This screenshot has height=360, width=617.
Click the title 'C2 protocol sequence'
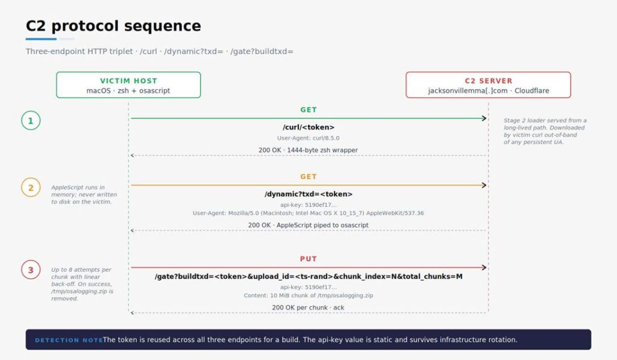coord(113,26)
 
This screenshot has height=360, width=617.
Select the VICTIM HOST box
coord(128,84)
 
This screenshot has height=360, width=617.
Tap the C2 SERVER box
coord(488,84)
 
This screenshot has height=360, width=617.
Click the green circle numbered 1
coord(31,121)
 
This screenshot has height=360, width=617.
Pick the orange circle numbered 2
coord(31,188)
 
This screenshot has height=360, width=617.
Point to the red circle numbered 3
coord(31,270)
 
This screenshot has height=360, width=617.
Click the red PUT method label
coord(308,259)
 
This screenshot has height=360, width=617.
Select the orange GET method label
coord(308,177)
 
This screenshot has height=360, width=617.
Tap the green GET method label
coord(308,110)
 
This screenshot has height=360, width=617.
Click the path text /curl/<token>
coord(308,127)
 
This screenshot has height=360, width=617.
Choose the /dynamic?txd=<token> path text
coord(308,194)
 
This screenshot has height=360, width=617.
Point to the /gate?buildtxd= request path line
coord(308,277)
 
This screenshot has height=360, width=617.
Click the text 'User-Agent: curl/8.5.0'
coord(308,138)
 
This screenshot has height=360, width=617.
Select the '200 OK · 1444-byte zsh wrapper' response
coord(308,150)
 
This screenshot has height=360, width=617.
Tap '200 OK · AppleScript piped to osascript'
coord(308,226)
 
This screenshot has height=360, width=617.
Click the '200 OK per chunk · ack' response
coord(308,308)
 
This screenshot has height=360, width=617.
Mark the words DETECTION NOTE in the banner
coord(69,340)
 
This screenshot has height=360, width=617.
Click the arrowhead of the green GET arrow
coord(484,118)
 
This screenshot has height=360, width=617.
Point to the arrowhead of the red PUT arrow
coord(484,268)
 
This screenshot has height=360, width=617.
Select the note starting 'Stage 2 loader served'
coord(545,131)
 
